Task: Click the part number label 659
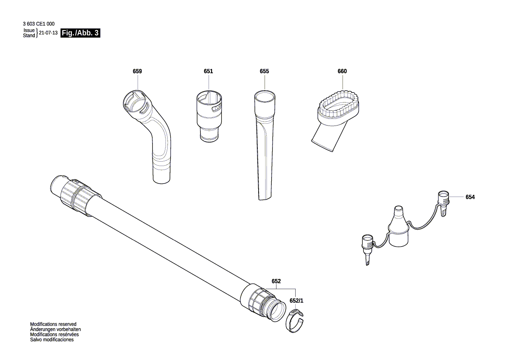(x=137, y=71)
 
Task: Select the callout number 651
(x=208, y=71)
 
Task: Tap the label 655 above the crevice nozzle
(x=264, y=71)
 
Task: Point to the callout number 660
(x=342, y=71)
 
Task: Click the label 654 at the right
(x=470, y=197)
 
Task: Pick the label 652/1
(x=297, y=301)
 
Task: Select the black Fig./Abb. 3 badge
(x=81, y=33)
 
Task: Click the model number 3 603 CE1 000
(x=39, y=24)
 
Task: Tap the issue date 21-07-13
(x=48, y=33)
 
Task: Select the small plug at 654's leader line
(x=443, y=202)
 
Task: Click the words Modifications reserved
(x=53, y=324)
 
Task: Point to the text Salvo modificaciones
(x=52, y=340)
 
